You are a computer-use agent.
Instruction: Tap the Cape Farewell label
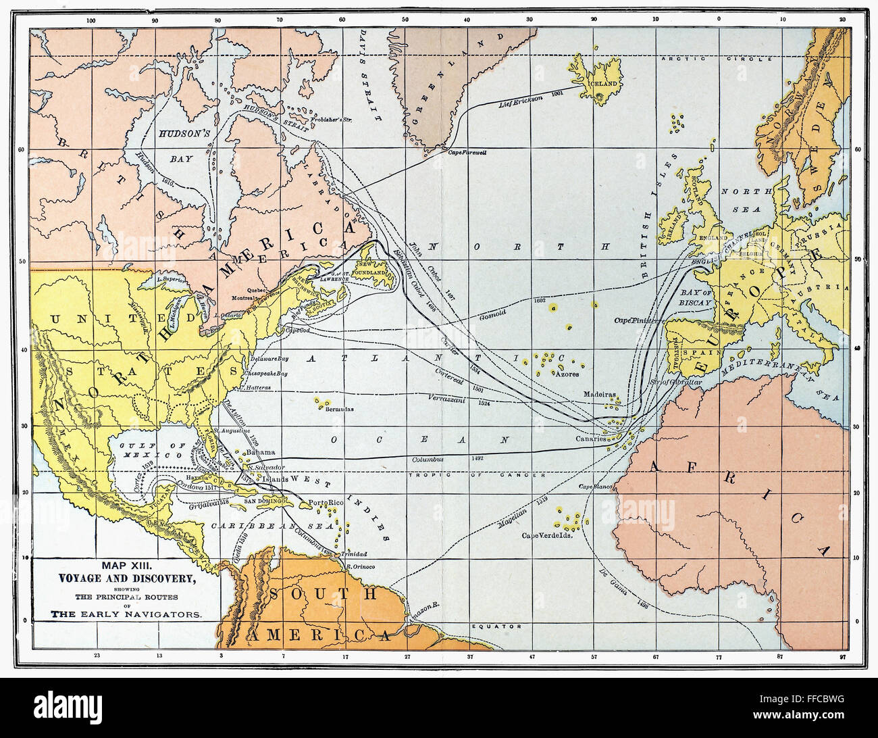pyautogui.click(x=467, y=153)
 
